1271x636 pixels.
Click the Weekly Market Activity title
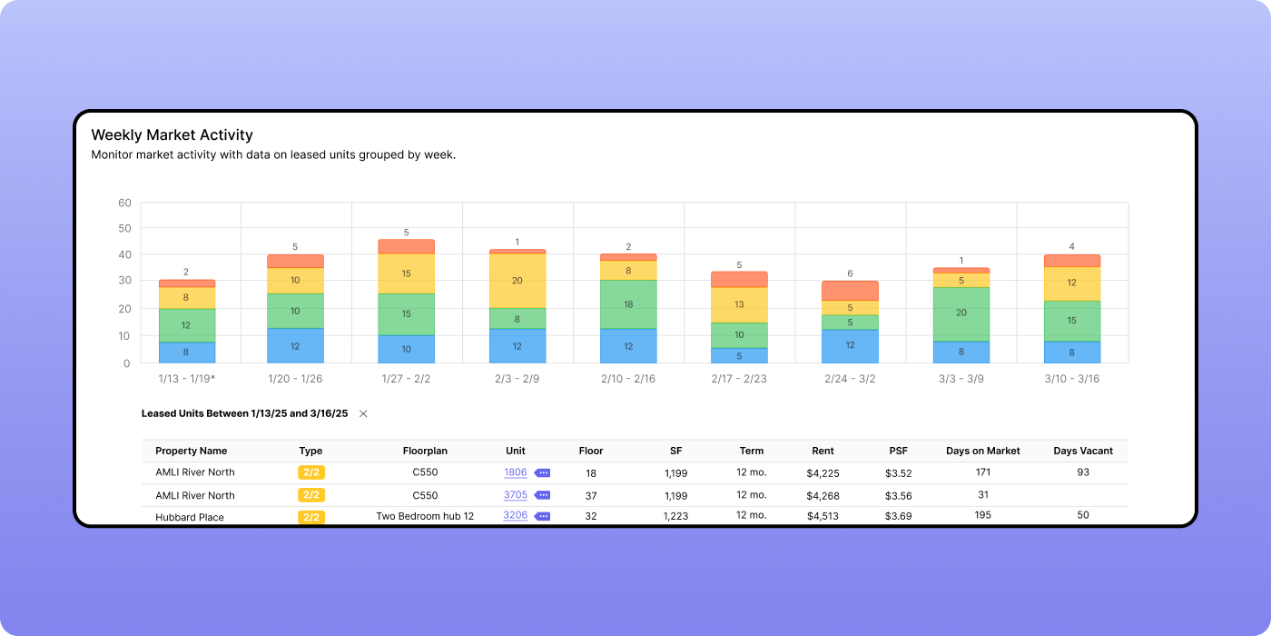(x=172, y=135)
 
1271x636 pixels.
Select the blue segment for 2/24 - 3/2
(x=851, y=346)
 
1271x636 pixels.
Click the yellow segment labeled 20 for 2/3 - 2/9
(x=517, y=281)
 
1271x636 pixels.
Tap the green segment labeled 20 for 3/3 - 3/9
(x=961, y=313)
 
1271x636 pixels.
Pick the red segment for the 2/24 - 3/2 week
(x=851, y=290)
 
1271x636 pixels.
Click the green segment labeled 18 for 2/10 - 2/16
(x=628, y=304)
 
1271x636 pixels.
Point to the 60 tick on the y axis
(x=125, y=203)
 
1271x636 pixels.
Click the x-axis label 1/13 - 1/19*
(x=187, y=379)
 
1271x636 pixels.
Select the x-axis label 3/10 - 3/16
(x=1071, y=379)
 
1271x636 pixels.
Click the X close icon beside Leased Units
(x=363, y=413)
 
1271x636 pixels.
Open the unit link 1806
(x=515, y=472)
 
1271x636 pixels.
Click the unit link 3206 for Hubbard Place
(x=515, y=515)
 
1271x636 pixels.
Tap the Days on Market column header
(x=982, y=451)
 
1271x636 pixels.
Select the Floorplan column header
(x=425, y=451)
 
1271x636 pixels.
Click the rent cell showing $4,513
(x=823, y=516)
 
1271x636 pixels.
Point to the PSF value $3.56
(x=898, y=495)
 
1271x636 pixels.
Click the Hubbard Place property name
(x=189, y=517)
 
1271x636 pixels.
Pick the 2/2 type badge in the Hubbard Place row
(x=310, y=517)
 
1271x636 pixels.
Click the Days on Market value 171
(x=982, y=472)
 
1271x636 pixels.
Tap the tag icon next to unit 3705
(x=542, y=495)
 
